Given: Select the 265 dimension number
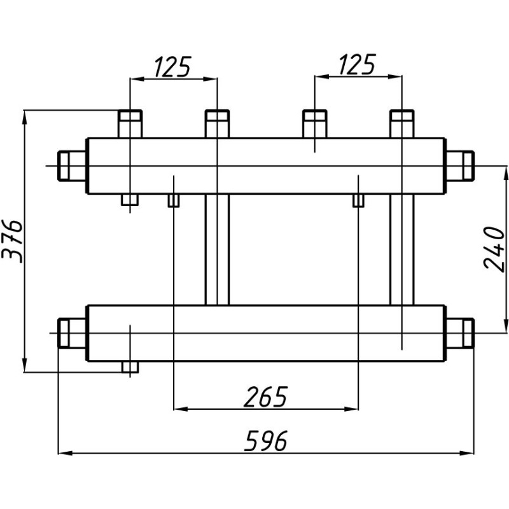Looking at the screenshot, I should coord(265,396).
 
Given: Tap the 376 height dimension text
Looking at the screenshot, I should coord(12,241).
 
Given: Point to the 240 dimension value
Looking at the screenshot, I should coord(495,248).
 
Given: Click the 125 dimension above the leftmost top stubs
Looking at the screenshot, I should coord(173,66).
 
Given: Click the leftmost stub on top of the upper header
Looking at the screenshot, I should coord(130,123).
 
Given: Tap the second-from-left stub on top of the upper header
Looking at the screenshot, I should coord(217,123).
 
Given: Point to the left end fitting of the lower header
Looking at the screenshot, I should coord(72,332).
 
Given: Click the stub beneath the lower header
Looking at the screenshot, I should coord(130,367).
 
